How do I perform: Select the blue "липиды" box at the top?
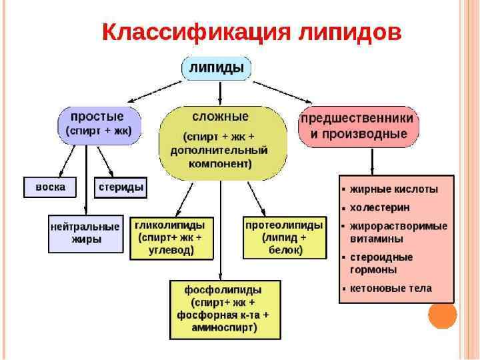point(216,68)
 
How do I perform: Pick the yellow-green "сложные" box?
point(223,141)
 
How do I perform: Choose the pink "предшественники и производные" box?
point(358,125)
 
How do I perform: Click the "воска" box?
point(50,187)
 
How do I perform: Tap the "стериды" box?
point(121,187)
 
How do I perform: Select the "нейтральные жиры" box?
point(85,233)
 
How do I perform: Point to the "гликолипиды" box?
point(170,237)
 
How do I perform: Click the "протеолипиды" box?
point(284,237)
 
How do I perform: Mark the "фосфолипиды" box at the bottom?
point(223,309)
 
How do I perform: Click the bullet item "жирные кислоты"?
point(394,189)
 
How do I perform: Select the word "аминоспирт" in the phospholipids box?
point(223,327)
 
